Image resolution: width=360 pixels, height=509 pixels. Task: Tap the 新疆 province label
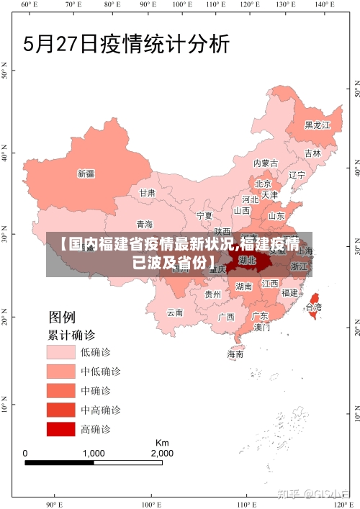click(x=86, y=174)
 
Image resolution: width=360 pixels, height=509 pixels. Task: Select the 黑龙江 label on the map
click(x=317, y=125)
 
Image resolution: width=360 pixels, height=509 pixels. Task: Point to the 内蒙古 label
click(x=266, y=163)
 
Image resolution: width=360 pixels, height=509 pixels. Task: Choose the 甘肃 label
click(x=147, y=193)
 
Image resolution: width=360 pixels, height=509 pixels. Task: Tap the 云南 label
click(x=175, y=312)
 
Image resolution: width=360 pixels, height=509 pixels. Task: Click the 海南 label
click(x=235, y=354)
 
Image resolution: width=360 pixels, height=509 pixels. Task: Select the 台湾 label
click(x=314, y=307)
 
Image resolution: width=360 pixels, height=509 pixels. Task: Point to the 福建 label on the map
click(x=289, y=293)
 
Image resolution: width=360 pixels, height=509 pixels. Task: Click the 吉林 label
click(x=312, y=153)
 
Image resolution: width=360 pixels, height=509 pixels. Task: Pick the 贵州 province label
click(x=212, y=294)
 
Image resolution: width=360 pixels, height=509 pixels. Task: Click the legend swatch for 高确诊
click(x=61, y=429)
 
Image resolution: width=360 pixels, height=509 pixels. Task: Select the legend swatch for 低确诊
click(x=61, y=351)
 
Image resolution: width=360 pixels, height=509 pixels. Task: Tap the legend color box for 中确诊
click(x=61, y=390)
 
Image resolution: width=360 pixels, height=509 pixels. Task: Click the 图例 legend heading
click(x=62, y=317)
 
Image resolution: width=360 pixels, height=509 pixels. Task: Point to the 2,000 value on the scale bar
click(x=161, y=454)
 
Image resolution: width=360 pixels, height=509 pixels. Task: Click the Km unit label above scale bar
click(x=162, y=442)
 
